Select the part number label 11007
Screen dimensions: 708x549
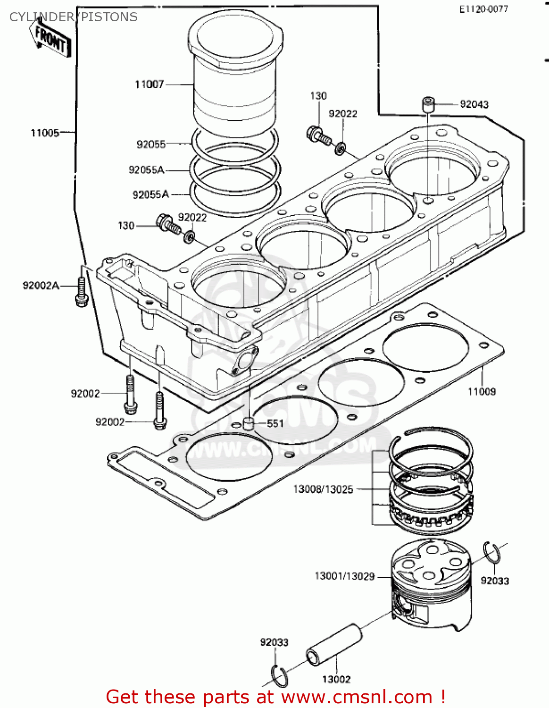pyautogui.click(x=150, y=84)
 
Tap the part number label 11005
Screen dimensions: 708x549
pyautogui.click(x=45, y=133)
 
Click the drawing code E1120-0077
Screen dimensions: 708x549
pyautogui.click(x=484, y=9)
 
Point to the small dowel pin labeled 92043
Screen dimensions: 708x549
pyautogui.click(x=428, y=104)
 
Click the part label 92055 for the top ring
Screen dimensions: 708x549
pyautogui.click(x=151, y=144)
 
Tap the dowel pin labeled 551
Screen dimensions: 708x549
pyautogui.click(x=248, y=423)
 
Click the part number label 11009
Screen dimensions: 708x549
pyautogui.click(x=482, y=392)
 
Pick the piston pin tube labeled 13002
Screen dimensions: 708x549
pyautogui.click(x=334, y=645)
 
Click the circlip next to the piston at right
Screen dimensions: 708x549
pyautogui.click(x=492, y=553)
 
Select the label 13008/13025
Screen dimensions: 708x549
pyautogui.click(x=323, y=489)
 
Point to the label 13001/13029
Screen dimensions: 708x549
pyautogui.click(x=344, y=576)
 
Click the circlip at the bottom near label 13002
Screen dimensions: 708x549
pyautogui.click(x=280, y=676)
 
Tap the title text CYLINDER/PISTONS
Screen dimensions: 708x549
pyautogui.click(x=74, y=17)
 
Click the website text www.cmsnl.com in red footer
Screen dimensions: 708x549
pyautogui.click(x=357, y=697)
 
